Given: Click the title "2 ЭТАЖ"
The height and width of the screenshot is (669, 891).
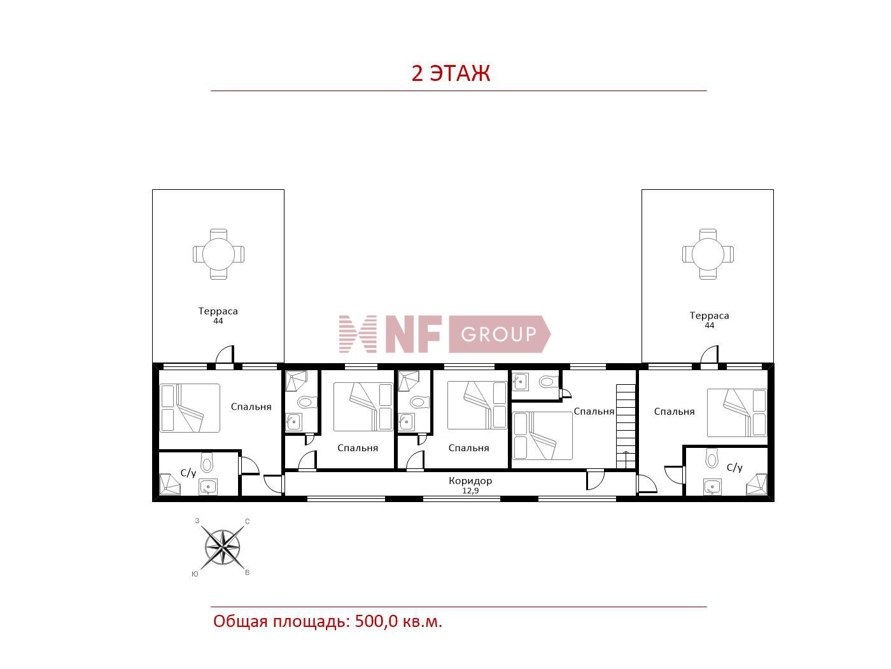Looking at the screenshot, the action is coord(451,73).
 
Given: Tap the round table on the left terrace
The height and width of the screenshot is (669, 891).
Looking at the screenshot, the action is coord(218,254).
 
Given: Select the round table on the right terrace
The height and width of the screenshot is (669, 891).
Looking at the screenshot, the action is coord(708,254).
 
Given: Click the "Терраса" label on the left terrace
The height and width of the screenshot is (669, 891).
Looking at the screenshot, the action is coord(218,311).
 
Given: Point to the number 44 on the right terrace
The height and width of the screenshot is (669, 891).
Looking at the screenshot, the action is coord(710,326).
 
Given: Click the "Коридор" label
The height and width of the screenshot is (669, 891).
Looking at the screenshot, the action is coord(470,481).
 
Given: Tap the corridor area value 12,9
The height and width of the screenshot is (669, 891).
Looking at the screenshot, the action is coord(470,491).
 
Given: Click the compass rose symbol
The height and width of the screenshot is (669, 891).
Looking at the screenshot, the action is coord(222,547).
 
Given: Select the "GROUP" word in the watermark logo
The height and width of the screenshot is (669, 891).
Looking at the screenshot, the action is coord(498,334).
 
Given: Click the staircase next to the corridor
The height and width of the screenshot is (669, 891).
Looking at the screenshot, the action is coord(626,426).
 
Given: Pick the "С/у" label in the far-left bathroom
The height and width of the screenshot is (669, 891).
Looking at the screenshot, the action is coord(188,473).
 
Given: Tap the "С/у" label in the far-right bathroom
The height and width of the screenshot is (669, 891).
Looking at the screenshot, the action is coord(734,468).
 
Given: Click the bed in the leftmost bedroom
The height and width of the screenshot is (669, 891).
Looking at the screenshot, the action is coord(190,408).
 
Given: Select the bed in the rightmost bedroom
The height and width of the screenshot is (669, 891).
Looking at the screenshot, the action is coord(737,413).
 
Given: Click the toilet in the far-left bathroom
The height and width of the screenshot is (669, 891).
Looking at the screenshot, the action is coord(207,463).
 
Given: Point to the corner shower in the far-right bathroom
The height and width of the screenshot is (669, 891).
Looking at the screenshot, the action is coord(757,484).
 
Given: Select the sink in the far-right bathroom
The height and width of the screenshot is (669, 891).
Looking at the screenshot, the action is coord(712,487).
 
